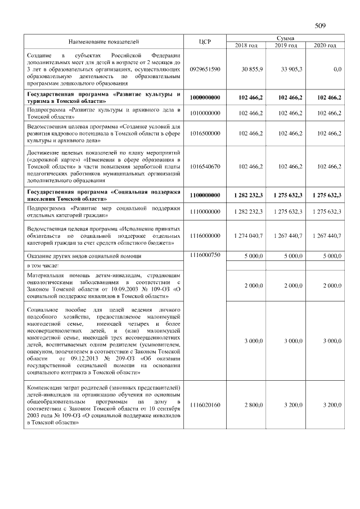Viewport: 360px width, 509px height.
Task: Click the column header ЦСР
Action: pos(205,42)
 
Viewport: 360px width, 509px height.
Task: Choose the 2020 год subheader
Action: pos(325,45)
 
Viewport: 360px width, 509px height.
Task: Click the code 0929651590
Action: pos(205,69)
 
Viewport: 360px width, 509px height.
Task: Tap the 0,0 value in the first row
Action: pos(337,69)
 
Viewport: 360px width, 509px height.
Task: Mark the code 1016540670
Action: pos(205,166)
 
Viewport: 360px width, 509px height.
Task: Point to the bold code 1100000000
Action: pos(205,195)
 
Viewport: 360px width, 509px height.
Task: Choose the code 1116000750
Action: pos(205,255)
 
